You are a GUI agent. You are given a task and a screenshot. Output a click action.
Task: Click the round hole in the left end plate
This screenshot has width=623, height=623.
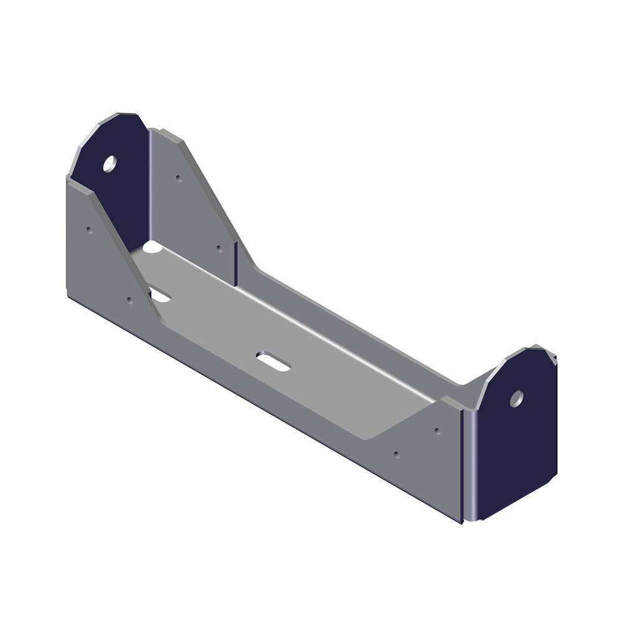click(x=110, y=164)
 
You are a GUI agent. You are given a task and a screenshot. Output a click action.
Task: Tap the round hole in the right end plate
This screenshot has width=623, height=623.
click(x=516, y=399)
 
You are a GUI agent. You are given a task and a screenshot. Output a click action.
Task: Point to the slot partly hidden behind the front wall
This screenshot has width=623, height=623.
click(x=160, y=295)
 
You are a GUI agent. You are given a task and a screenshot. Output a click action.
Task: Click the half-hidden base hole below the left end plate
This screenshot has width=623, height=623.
click(x=151, y=247)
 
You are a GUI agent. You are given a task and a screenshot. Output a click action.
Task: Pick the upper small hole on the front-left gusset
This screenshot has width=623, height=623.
click(x=89, y=230)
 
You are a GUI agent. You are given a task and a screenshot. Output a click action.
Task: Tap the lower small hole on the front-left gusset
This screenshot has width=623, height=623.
click(x=130, y=300)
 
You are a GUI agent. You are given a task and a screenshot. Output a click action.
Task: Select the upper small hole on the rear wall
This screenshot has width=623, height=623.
click(x=179, y=178)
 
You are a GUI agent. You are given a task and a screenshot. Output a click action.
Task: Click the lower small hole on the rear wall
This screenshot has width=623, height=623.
click(x=219, y=249)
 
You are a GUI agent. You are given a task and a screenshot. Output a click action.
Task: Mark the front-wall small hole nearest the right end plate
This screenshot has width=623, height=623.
click(x=437, y=430)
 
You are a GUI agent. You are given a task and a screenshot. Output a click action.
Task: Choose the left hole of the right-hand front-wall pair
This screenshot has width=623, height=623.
click(x=397, y=454)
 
